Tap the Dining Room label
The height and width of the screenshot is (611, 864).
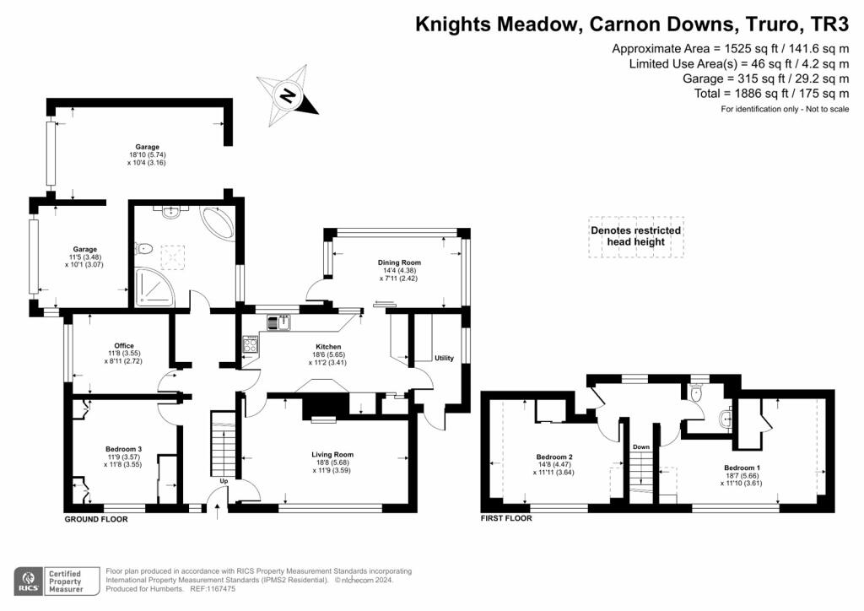tap(398, 262)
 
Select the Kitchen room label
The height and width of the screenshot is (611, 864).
tap(328, 347)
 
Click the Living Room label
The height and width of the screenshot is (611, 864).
tap(332, 454)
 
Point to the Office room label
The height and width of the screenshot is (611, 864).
tap(124, 346)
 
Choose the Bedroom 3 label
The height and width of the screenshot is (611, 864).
tap(123, 448)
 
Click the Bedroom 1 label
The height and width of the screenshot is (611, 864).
tap(742, 468)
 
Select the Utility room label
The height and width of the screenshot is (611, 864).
tap(445, 359)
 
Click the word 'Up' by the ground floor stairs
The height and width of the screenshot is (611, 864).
tap(224, 481)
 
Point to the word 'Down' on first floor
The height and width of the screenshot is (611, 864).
tap(641, 447)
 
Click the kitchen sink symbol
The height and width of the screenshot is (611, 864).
tap(278, 322)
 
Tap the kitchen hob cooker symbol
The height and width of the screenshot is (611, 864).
tap(251, 343)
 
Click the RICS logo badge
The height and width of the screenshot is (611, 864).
tap(30, 581)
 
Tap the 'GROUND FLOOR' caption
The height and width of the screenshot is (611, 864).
tap(96, 519)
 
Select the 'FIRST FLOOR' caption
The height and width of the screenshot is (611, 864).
tap(506, 518)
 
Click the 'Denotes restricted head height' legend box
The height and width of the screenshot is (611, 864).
tap(635, 236)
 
